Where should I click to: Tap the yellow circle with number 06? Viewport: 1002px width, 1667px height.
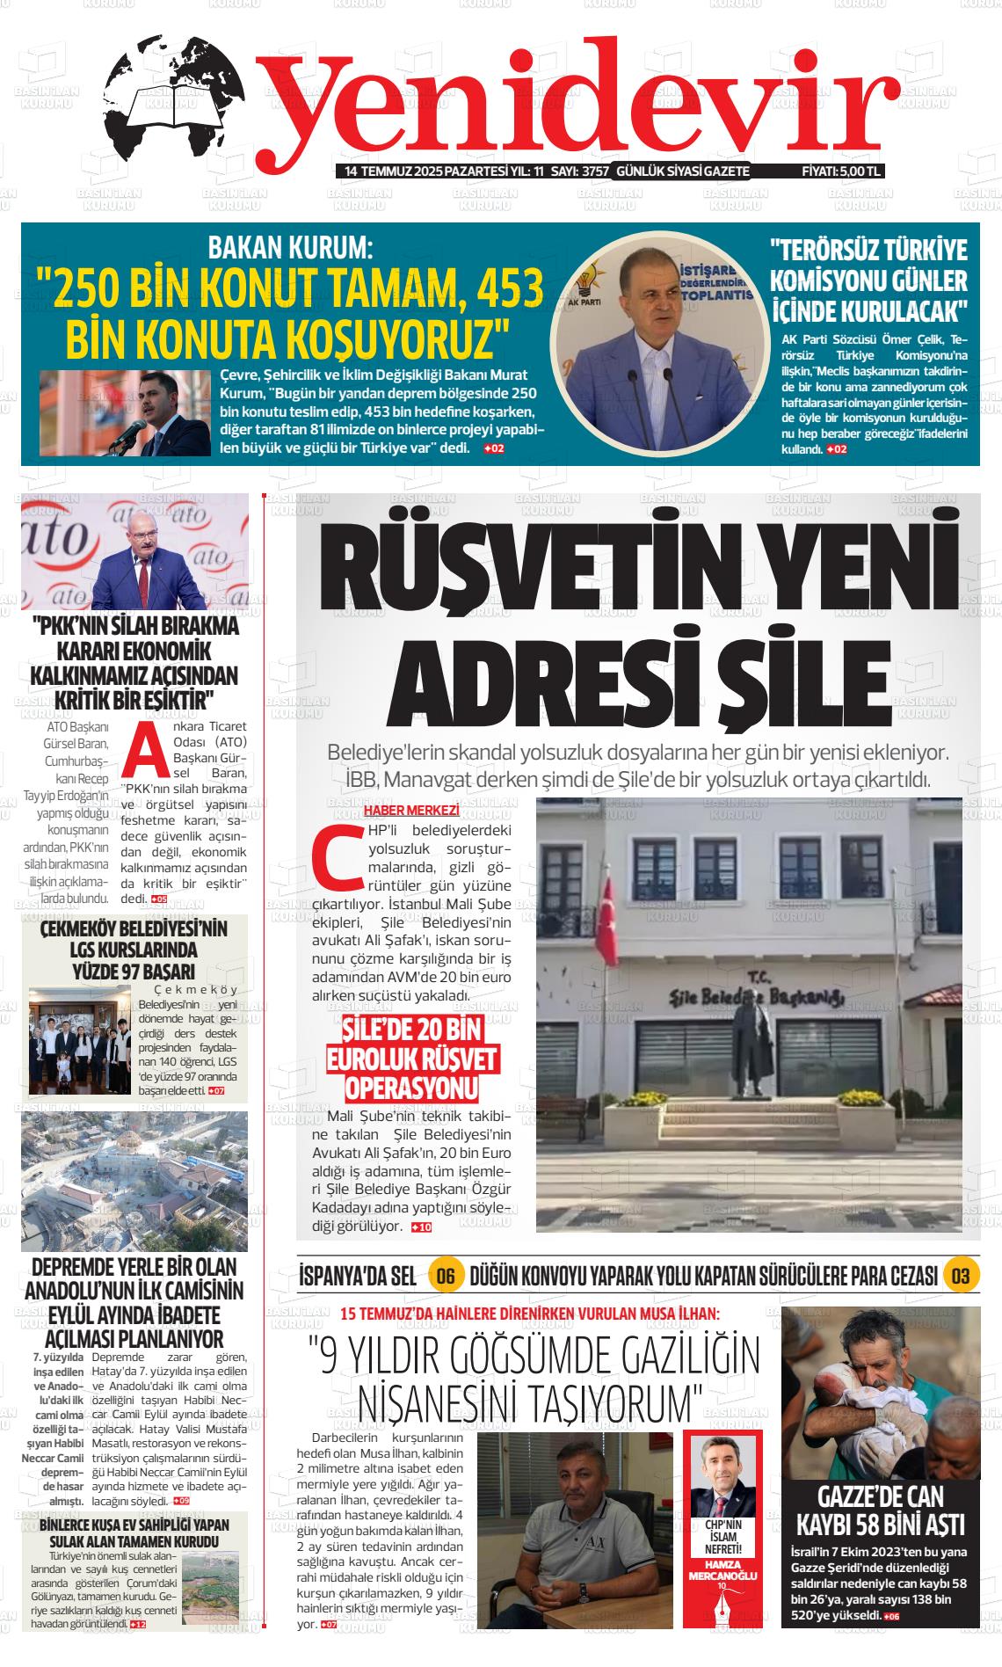pos(445,1276)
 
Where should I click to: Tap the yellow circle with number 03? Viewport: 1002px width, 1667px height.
pos(960,1276)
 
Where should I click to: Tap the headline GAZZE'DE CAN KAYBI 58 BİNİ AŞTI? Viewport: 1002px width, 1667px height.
pos(880,1510)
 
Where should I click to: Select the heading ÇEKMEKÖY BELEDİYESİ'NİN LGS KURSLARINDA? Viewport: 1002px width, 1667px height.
pos(134,939)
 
